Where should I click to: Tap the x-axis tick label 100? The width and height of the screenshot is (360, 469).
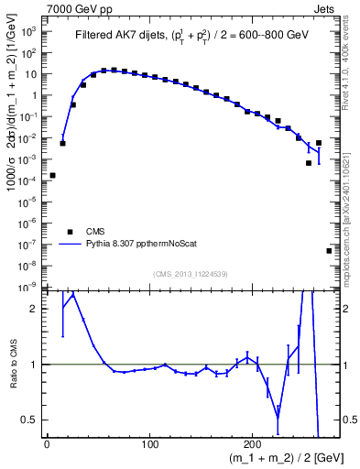[149, 445]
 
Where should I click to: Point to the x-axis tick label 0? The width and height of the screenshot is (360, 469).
[47, 445]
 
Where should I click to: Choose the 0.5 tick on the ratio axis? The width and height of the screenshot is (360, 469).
[29, 420]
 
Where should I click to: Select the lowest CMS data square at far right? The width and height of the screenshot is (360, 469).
[329, 250]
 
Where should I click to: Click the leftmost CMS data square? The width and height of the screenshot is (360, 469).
[52, 175]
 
